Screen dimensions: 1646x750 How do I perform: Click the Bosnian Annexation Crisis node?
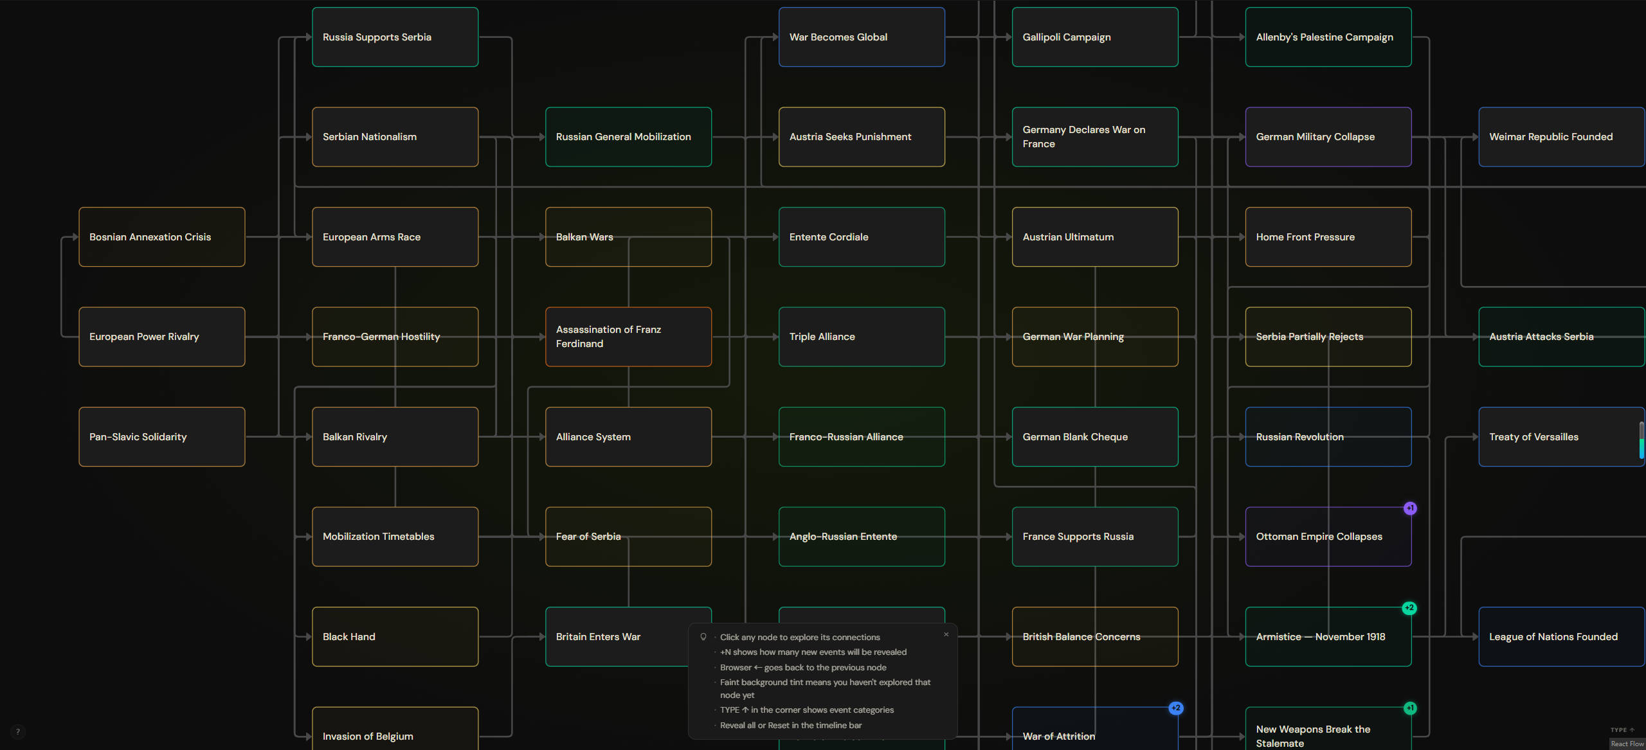pos(162,237)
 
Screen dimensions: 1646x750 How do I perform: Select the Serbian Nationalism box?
pos(395,137)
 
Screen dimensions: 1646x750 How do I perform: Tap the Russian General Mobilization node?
pos(629,137)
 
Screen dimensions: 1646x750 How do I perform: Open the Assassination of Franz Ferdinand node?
pos(629,337)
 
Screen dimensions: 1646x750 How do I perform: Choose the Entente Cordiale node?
pos(862,237)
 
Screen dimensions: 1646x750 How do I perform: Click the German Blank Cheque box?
pos(1096,436)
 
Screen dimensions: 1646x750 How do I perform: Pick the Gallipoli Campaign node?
pos(1096,37)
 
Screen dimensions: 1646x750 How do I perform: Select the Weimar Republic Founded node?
pos(1562,137)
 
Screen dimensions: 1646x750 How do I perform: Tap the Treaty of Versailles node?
pos(1562,436)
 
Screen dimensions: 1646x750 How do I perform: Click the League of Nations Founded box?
pos(1562,636)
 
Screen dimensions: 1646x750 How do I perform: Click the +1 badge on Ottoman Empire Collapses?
pos(1410,508)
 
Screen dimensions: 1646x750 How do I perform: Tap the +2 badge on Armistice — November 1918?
pos(1409,608)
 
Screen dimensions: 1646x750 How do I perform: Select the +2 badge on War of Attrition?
pos(1176,708)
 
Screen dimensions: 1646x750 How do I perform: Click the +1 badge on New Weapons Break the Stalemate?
pos(1410,708)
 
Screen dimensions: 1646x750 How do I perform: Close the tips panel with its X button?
pos(946,634)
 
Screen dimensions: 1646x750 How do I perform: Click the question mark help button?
pos(18,731)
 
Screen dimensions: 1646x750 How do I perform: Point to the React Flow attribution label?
pos(1627,744)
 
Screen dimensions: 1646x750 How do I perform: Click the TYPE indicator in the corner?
pos(1622,730)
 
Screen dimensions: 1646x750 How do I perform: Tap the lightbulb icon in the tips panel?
pos(703,637)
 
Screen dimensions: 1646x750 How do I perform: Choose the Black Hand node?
pos(395,636)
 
